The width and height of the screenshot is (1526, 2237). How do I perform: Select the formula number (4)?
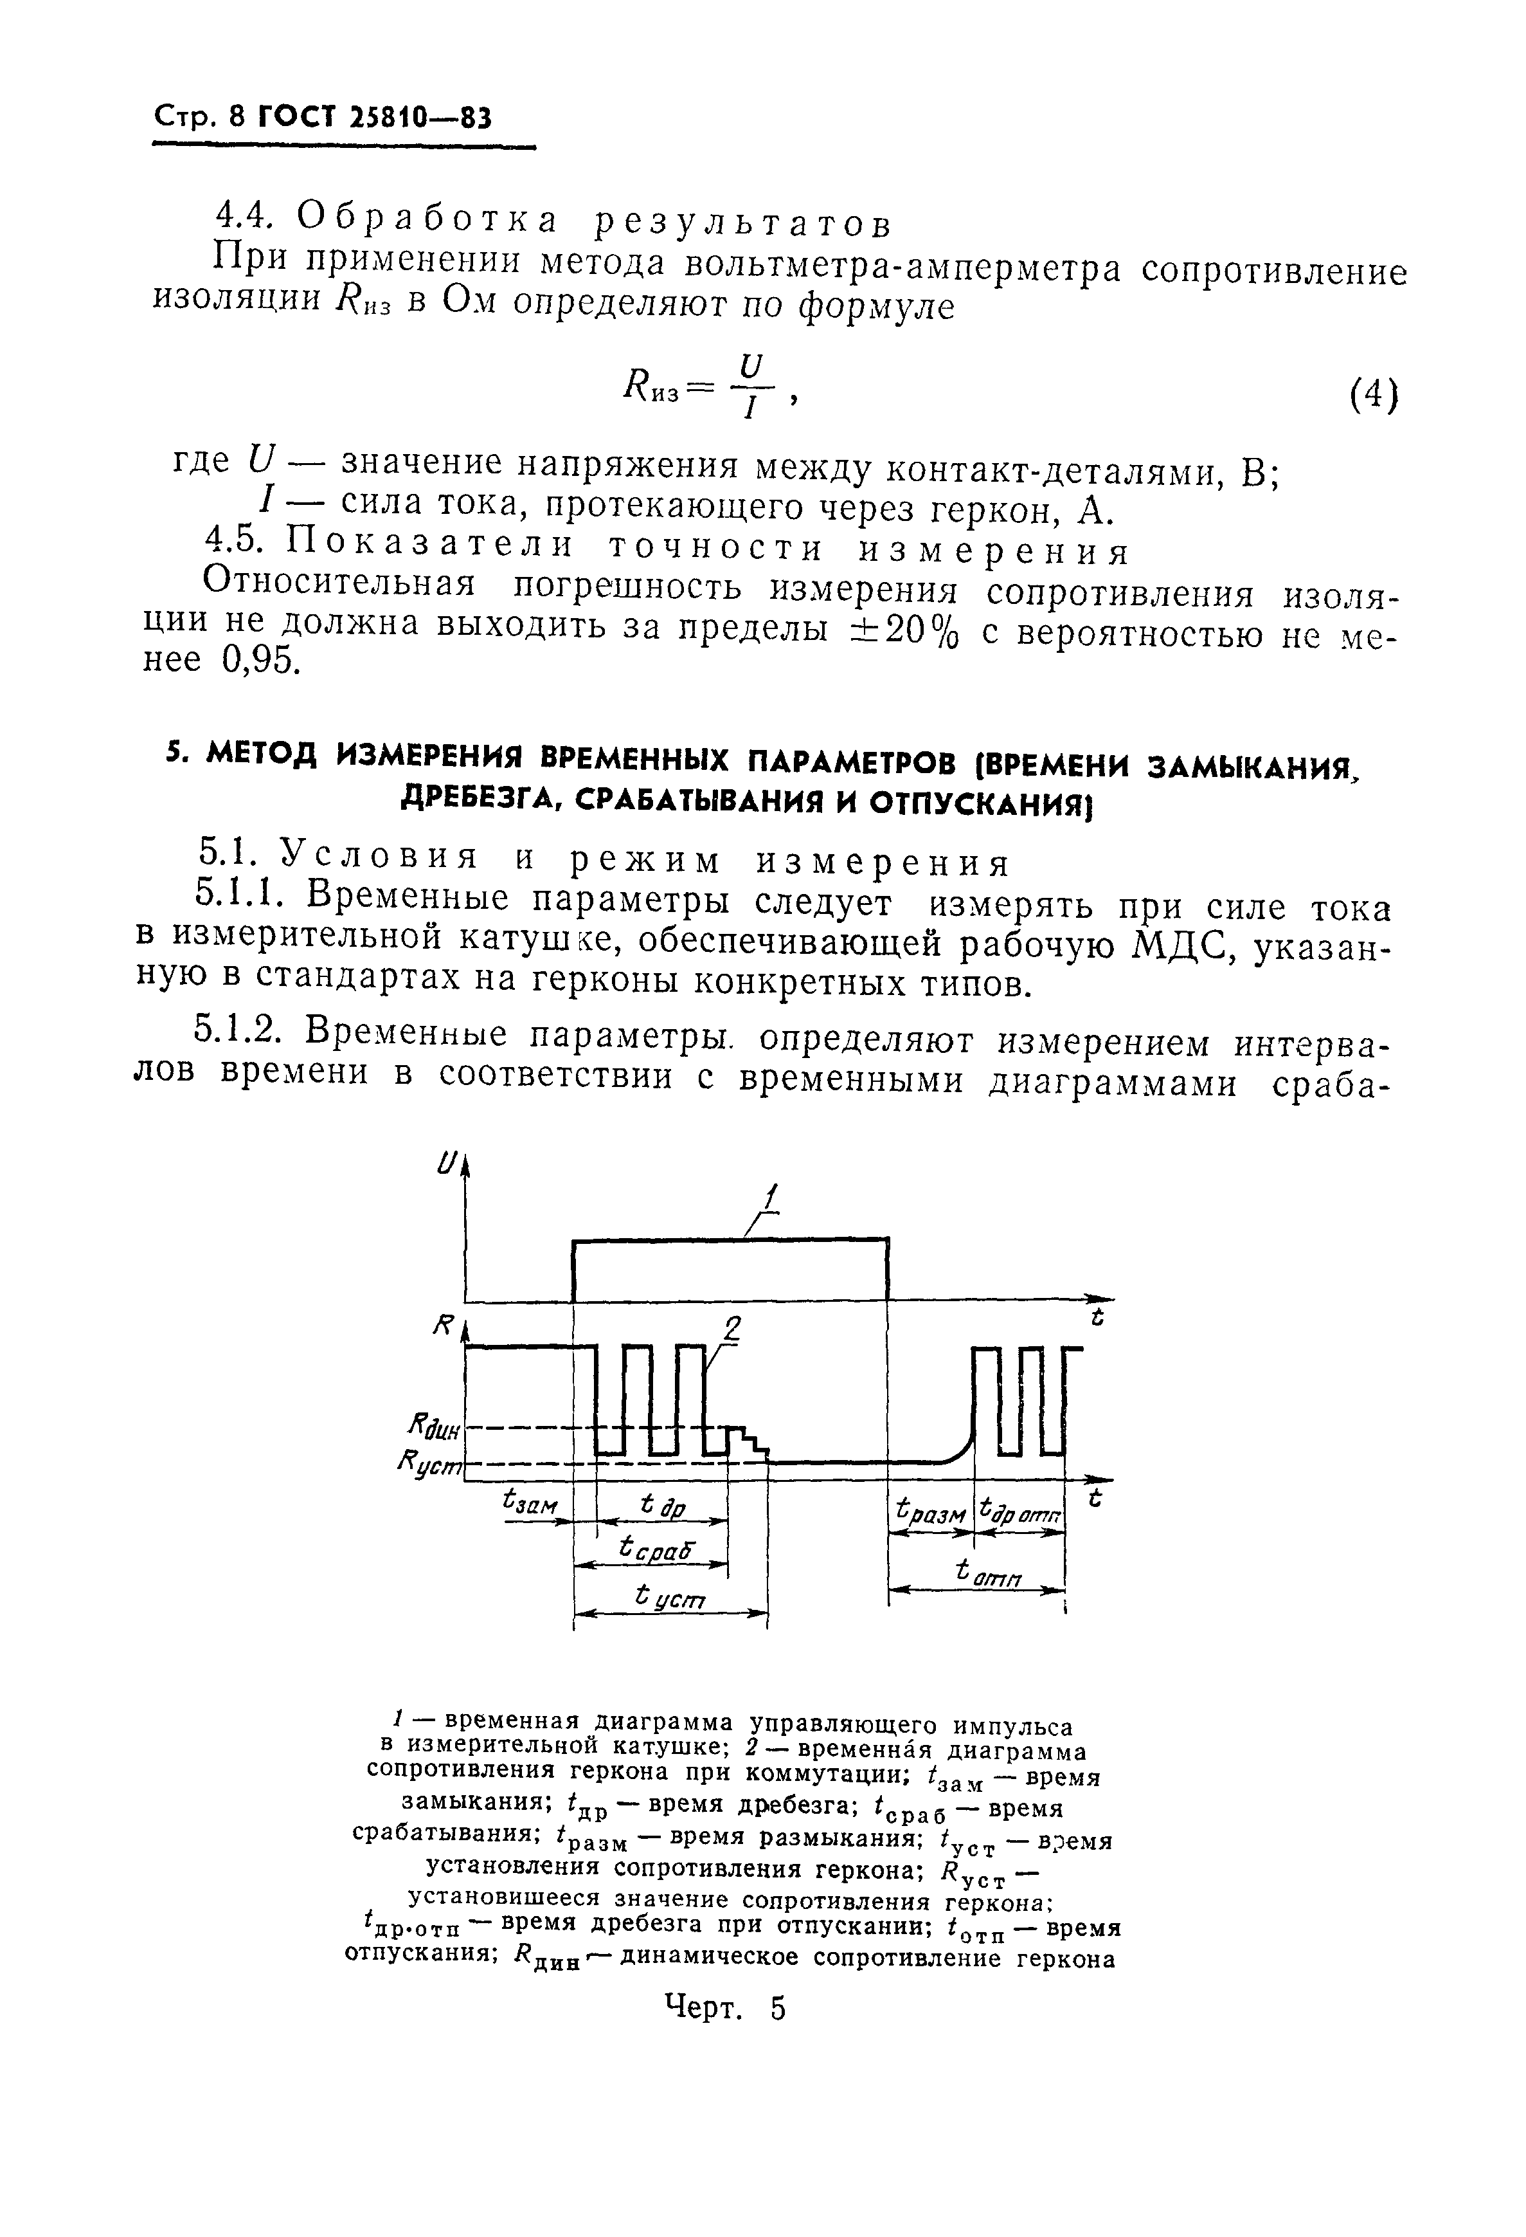1372,396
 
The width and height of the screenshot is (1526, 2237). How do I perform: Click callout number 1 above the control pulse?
769,1198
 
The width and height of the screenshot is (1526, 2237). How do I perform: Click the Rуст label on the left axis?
429,1465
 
